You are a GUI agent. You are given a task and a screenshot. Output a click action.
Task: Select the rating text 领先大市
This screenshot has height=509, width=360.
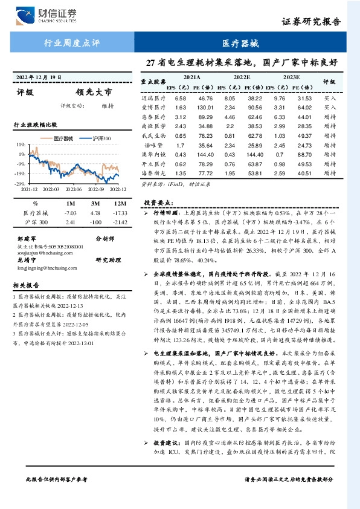click(x=94, y=93)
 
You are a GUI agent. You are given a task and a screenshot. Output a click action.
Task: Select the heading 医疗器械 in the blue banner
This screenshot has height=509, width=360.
click(x=239, y=43)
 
